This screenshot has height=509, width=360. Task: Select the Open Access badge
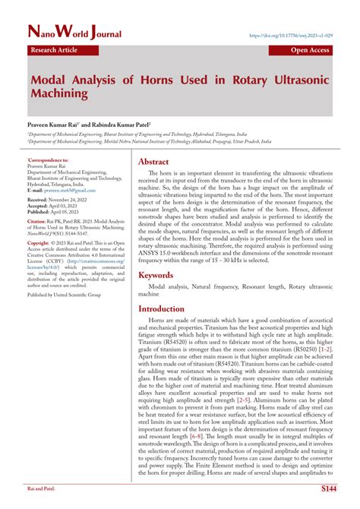pos(310,50)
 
